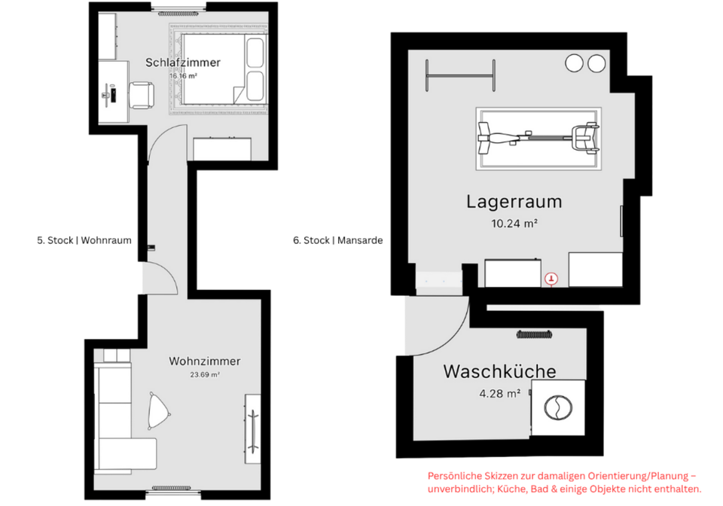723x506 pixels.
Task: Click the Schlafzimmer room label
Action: pos(182,62)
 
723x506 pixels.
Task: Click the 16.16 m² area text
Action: pos(182,76)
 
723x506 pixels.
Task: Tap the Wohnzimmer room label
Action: pos(194,361)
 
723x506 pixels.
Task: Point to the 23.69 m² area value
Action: pos(204,374)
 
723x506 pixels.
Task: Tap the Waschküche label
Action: pos(499,371)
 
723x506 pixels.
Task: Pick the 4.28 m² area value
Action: pos(499,393)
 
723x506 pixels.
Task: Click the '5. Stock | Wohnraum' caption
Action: pos(84,241)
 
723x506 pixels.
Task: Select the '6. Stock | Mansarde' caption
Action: pos(338,241)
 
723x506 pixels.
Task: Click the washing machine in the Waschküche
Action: pos(558,407)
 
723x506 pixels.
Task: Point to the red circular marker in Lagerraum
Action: pos(553,279)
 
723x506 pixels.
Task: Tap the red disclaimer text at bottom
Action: pos(564,482)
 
